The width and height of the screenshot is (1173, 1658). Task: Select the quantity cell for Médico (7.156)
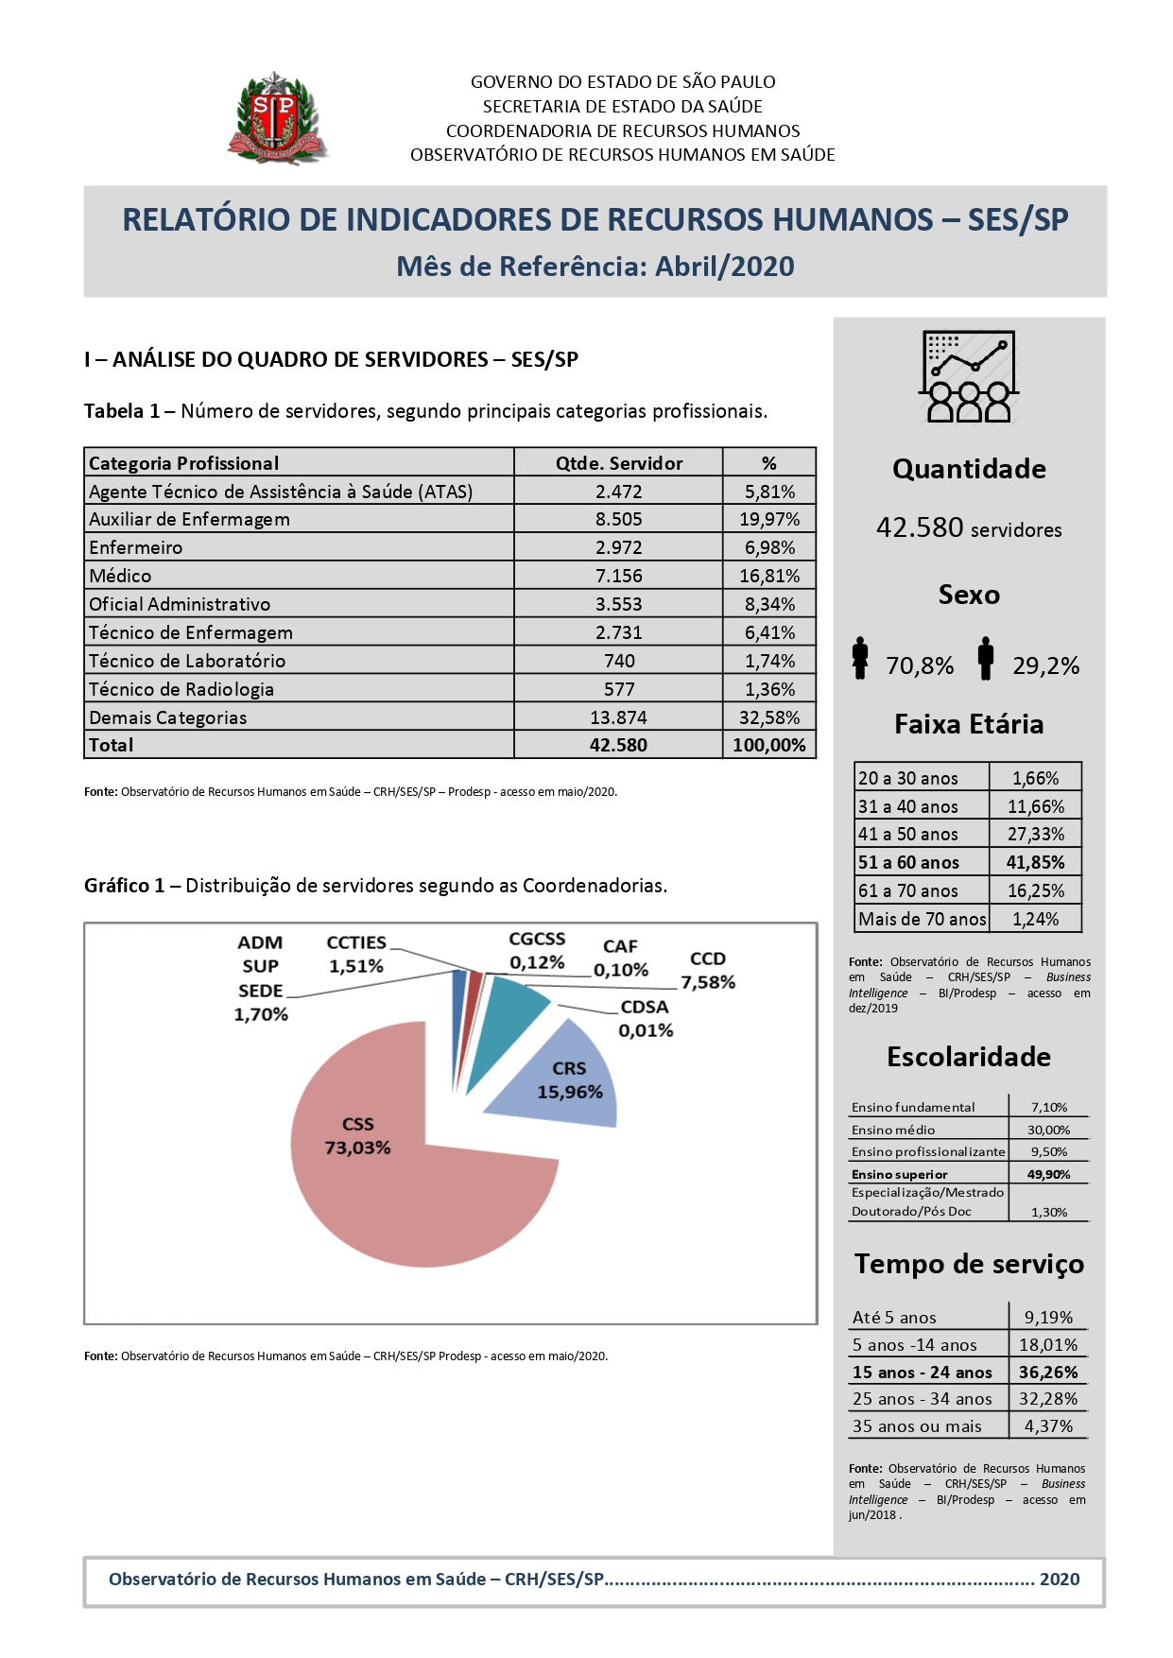coord(618,576)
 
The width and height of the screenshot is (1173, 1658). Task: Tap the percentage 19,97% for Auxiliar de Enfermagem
coord(768,519)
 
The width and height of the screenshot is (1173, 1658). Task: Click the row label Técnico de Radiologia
coord(181,689)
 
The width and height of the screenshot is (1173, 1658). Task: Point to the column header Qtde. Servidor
coord(618,463)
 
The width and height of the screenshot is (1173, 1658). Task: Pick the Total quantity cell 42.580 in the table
coord(618,745)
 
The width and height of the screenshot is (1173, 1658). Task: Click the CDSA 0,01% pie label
coord(646,1019)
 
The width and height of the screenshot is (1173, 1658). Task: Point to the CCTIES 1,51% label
coord(356,955)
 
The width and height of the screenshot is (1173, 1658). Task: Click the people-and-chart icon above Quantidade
coord(968,376)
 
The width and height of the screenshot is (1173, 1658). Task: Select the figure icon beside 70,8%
coord(859,659)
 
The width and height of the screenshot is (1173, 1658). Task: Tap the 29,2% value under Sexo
coord(1045,666)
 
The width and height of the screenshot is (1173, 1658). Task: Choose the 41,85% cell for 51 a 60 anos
coord(1035,862)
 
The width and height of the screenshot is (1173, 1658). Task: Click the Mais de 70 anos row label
coord(922,919)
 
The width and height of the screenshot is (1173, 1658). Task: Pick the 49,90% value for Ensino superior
coord(1048,1174)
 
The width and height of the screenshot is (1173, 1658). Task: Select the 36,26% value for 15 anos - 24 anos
coord(1047,1372)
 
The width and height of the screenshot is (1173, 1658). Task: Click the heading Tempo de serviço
coord(969,1265)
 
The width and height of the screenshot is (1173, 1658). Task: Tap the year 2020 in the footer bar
coord(1059,1580)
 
